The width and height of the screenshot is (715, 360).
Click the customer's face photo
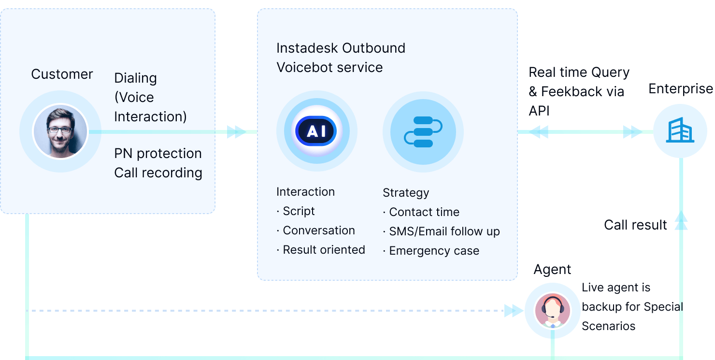(x=60, y=131)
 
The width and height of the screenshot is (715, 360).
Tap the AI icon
(x=316, y=131)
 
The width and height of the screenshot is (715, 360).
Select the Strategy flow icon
(x=423, y=131)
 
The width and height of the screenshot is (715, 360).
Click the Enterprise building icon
(x=680, y=131)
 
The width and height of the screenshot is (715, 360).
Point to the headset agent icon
(x=553, y=310)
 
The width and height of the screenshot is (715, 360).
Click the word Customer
(x=62, y=74)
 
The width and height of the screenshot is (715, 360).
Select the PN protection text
(x=158, y=154)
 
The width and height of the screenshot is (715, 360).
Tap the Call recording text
(x=158, y=173)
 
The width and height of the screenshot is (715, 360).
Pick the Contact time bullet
(x=421, y=212)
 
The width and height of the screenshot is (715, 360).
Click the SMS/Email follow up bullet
(x=441, y=231)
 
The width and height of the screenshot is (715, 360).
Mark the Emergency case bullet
(x=431, y=251)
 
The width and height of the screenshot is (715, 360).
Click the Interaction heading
(x=305, y=192)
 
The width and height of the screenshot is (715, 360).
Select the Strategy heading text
(x=406, y=193)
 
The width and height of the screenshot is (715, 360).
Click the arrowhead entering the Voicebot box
(x=236, y=131)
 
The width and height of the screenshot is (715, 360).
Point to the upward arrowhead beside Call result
(x=681, y=220)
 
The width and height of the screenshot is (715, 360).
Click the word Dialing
(x=135, y=78)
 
